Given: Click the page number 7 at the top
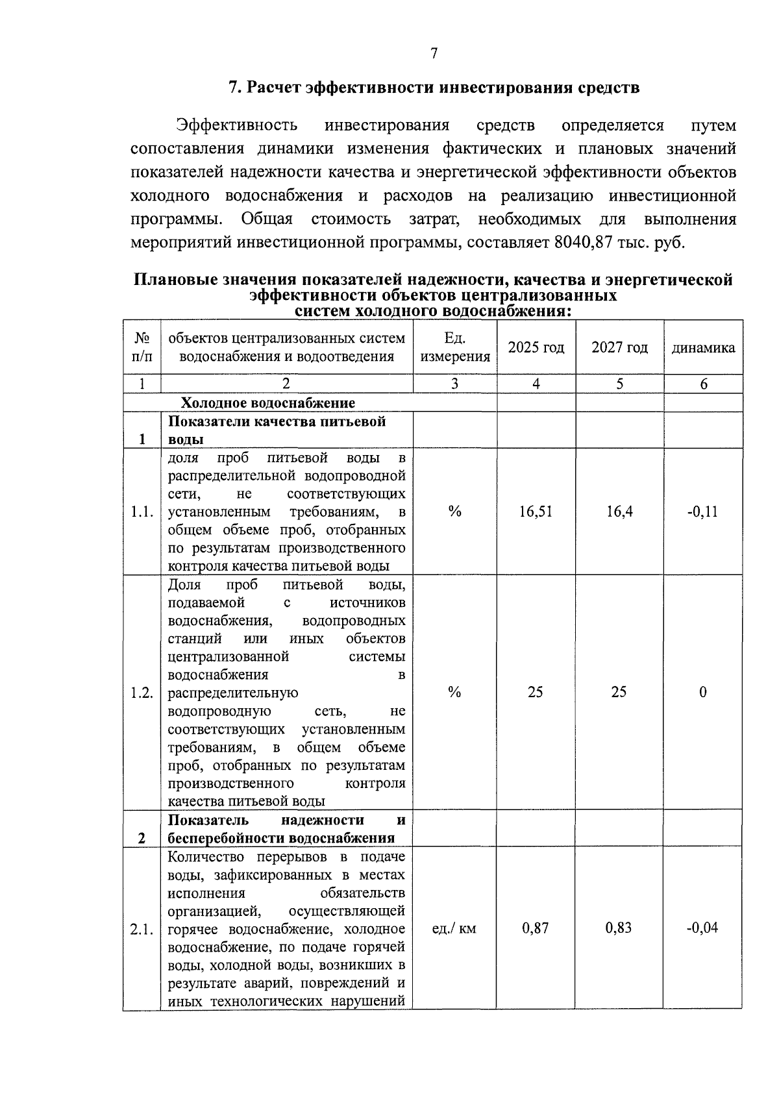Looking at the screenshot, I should click(x=434, y=54).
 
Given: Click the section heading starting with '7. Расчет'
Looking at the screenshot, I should click(x=434, y=88).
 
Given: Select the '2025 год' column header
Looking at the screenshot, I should click(x=536, y=348).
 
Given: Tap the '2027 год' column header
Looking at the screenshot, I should click(x=619, y=348).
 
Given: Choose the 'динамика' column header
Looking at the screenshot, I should click(x=703, y=348).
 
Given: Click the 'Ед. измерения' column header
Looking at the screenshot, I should click(x=454, y=348).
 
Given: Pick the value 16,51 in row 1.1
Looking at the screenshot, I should click(x=536, y=512).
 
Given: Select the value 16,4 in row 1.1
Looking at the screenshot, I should click(x=619, y=512).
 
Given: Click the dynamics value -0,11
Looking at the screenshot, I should click(x=702, y=512).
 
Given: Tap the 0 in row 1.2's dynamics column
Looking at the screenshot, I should click(x=702, y=692).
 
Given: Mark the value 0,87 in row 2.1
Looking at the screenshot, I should click(x=536, y=928).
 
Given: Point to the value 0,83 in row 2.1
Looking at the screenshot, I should click(x=619, y=928).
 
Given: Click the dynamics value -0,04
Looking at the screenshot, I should click(x=702, y=928).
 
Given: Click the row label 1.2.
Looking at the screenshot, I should click(x=142, y=693).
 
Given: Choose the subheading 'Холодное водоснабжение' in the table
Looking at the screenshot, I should click(x=267, y=403).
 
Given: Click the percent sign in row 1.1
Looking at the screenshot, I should click(x=454, y=512).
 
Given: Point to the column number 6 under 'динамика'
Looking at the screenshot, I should click(x=703, y=384).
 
